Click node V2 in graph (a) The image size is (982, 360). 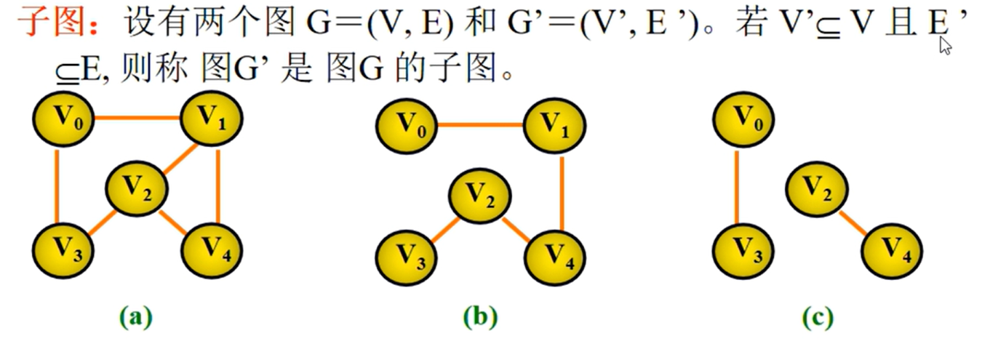click(x=136, y=189)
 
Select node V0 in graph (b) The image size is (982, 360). click(x=407, y=126)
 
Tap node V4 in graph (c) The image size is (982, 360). click(x=892, y=251)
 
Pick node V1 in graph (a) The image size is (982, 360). click(x=212, y=119)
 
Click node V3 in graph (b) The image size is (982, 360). click(x=407, y=258)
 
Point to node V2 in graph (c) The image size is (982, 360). click(x=817, y=189)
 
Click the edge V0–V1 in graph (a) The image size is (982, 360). click(x=137, y=118)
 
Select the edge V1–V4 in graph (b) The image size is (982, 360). click(x=562, y=193)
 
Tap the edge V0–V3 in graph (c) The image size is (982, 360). click(x=736, y=187)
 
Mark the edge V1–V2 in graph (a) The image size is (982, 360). click(x=181, y=159)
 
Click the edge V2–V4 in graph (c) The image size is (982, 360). click(x=853, y=223)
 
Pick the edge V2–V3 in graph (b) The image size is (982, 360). click(x=445, y=230)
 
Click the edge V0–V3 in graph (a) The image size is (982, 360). click(x=57, y=187)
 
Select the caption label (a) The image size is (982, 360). click(x=136, y=317)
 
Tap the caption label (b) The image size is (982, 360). click(x=481, y=317)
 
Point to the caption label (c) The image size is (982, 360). click(x=818, y=317)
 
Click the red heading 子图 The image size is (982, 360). click(x=51, y=22)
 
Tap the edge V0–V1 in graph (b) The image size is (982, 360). click(x=481, y=125)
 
